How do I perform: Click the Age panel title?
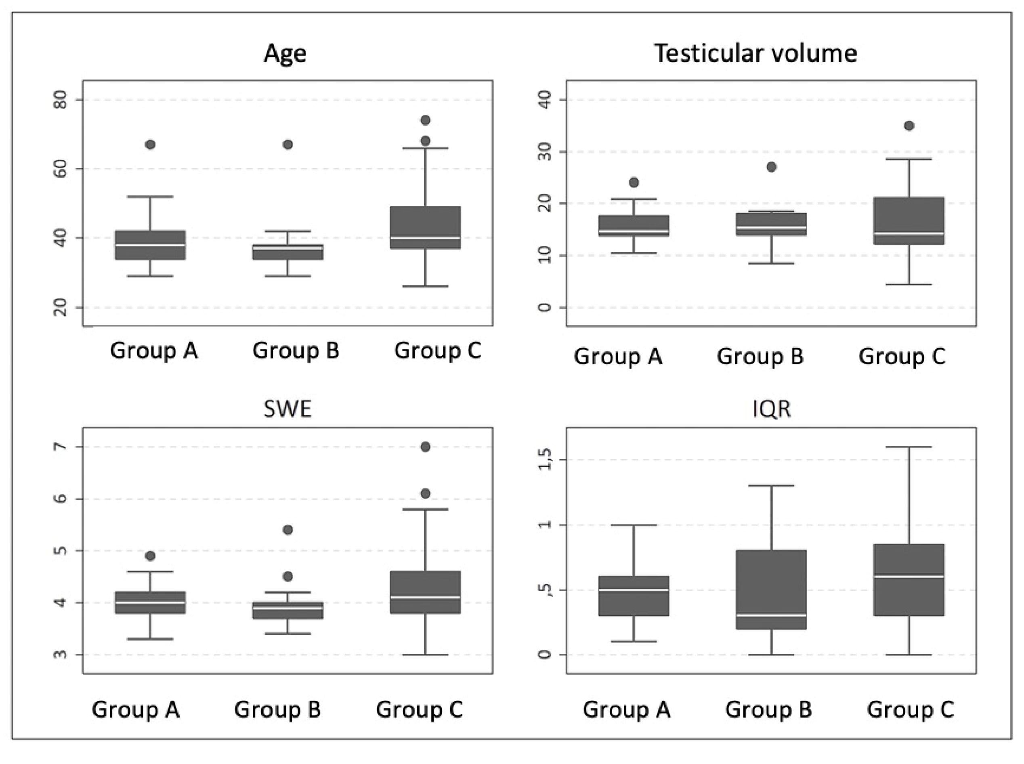pos(285,54)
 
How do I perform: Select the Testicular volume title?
pos(755,54)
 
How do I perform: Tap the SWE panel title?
pos(287,409)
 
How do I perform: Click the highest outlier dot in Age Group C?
pos(425,120)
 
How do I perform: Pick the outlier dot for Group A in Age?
pos(150,145)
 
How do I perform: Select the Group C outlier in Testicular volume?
pos(909,126)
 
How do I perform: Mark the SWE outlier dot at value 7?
pos(425,447)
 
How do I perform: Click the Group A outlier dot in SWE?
pos(150,556)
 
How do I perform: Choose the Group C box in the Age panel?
pos(425,227)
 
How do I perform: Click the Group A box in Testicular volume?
pos(634,226)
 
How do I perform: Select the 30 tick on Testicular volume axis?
pos(545,152)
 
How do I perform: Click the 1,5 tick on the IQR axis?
pos(545,459)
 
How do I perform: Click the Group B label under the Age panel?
pos(296,351)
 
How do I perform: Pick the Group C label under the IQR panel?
pos(910,709)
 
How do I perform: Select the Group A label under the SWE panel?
pos(136,709)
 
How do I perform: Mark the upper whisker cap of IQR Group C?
pos(909,447)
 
